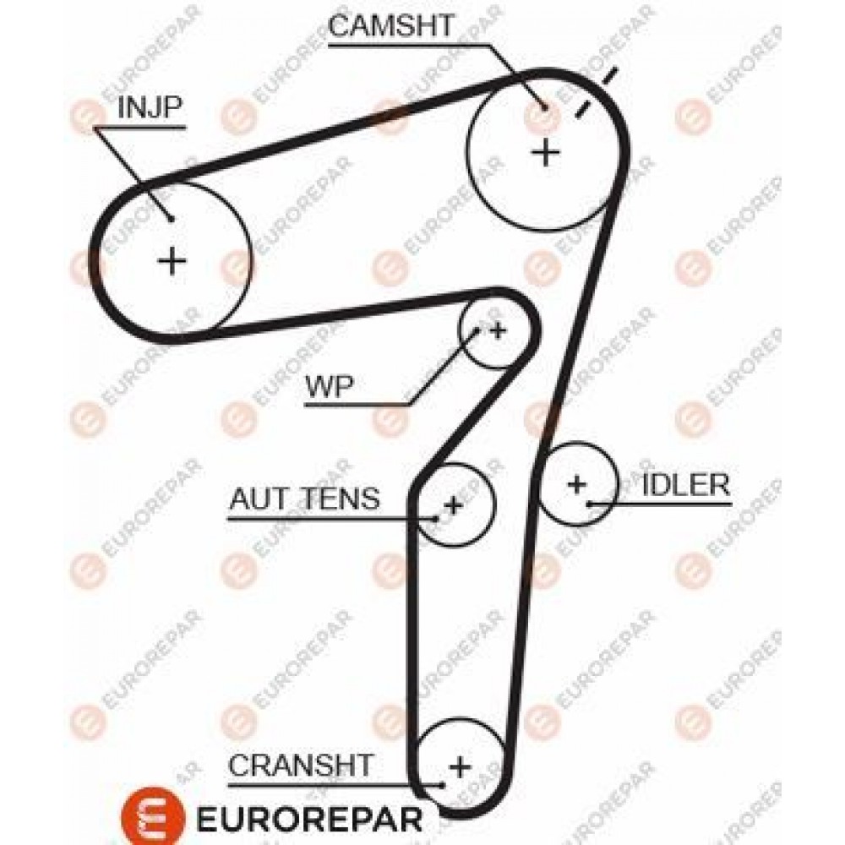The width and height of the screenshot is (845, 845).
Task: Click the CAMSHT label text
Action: (x=391, y=25)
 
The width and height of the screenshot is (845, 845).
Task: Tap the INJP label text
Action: (x=150, y=106)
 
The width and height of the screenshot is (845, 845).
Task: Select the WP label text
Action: (x=330, y=386)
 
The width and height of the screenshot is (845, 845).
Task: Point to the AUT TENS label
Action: (x=304, y=499)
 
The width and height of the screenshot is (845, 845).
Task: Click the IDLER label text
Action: (x=686, y=485)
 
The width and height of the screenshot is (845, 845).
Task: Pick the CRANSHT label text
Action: (x=301, y=764)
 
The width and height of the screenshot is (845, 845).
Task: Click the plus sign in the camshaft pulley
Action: (x=546, y=152)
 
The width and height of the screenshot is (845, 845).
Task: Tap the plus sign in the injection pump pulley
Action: (x=172, y=261)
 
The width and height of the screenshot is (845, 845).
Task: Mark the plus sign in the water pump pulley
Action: (x=498, y=330)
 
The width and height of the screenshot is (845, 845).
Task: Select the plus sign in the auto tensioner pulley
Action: (x=453, y=505)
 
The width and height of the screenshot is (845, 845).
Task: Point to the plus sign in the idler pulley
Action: (x=576, y=484)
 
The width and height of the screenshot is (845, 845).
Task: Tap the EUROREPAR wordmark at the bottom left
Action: (x=309, y=819)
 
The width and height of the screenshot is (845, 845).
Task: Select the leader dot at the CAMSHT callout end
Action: (x=544, y=107)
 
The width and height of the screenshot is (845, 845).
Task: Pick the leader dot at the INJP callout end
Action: (x=171, y=219)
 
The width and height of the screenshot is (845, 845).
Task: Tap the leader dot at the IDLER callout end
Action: (x=590, y=504)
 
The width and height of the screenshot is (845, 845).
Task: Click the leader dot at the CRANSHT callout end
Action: (x=443, y=785)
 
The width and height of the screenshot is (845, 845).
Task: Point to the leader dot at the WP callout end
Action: (x=477, y=330)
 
